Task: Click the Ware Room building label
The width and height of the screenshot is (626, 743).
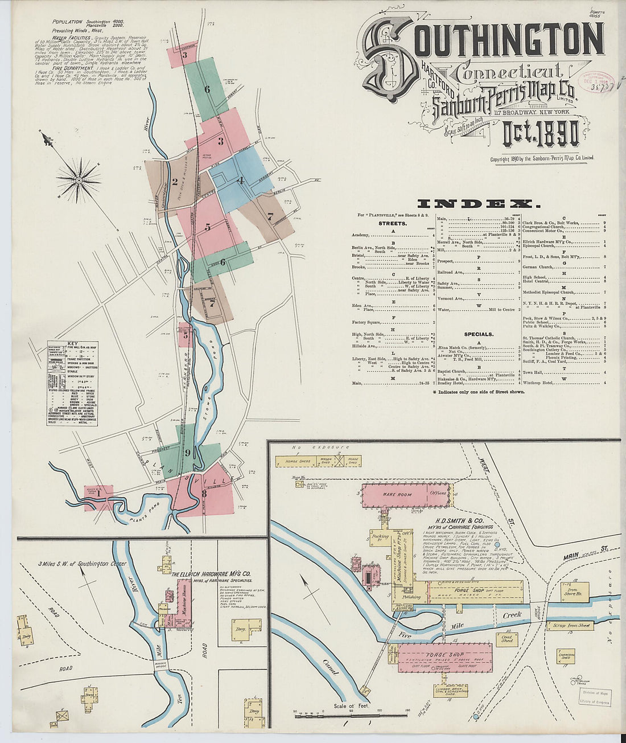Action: (x=397, y=495)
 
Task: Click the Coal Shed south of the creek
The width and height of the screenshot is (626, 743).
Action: (x=506, y=638)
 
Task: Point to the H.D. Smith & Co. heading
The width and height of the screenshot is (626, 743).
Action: (x=460, y=521)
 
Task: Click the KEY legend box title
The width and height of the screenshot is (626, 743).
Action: (x=72, y=344)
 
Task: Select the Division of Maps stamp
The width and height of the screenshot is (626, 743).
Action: (x=594, y=693)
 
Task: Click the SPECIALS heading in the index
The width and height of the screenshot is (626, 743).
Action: (x=479, y=334)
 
